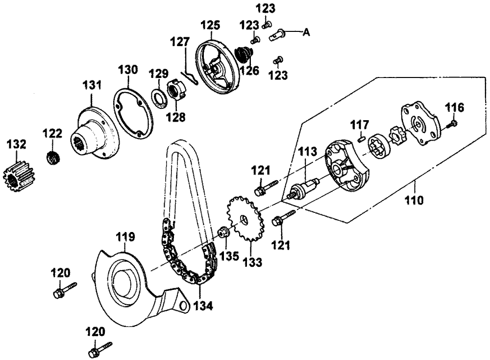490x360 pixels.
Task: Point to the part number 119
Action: coord(125,236)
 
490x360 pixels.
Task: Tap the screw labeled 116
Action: coord(450,124)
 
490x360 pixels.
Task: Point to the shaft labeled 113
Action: coord(303,189)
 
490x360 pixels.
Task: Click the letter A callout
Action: coord(307,32)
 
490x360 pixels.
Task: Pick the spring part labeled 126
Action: coord(244,54)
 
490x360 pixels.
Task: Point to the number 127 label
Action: coord(180,41)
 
